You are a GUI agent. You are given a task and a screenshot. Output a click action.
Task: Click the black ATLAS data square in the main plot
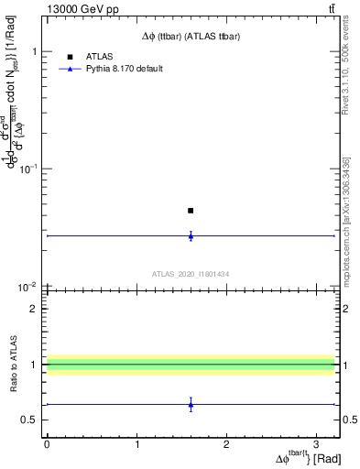[x=191, y=211]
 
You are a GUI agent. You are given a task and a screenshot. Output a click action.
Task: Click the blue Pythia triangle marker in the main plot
[x=191, y=235]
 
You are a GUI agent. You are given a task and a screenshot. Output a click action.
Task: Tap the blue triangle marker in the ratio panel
[x=191, y=404]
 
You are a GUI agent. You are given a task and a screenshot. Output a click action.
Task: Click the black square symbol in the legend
[x=70, y=56]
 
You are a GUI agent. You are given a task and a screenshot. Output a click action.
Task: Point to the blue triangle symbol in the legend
[x=70, y=69]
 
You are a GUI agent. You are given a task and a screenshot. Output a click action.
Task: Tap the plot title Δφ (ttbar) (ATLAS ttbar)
[x=191, y=37]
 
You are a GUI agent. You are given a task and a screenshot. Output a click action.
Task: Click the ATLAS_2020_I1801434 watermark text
[x=191, y=274]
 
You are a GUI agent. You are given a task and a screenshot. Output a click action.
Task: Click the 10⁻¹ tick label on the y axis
[x=27, y=169]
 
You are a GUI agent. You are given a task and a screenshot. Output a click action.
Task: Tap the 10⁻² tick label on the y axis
[x=27, y=287]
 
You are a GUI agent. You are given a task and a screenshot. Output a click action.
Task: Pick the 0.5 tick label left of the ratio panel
[x=28, y=420]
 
